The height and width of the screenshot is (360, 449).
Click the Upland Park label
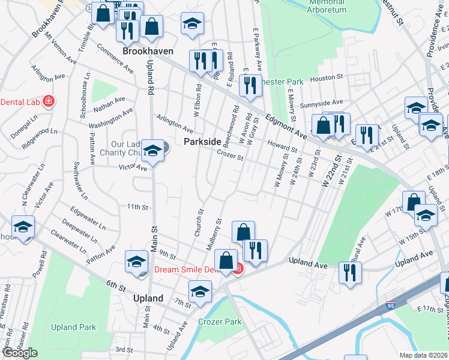click(73, 327)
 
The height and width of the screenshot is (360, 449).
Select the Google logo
click(19, 353)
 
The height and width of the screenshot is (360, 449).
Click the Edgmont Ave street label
click(286, 128)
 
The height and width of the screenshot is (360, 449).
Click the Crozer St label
click(230, 155)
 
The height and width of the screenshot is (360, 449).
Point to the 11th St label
click(137, 207)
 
